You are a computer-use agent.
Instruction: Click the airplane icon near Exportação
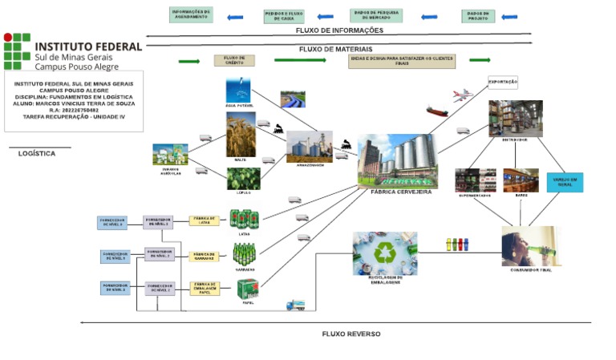tap(464, 95)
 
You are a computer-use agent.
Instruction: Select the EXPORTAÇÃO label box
tap(503, 82)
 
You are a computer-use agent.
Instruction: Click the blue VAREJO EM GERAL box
tap(565, 182)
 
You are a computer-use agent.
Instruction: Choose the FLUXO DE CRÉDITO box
tap(234, 60)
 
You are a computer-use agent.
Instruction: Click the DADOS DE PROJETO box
tap(478, 16)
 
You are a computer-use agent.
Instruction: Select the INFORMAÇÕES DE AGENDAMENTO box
tap(192, 15)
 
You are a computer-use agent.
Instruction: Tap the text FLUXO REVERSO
tap(351, 334)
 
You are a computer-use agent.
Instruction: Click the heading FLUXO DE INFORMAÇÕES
tap(339, 30)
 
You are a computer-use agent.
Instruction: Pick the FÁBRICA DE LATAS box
tap(205, 220)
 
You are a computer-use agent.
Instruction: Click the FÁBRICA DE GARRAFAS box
tap(205, 256)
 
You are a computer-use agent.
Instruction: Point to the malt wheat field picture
tap(241, 135)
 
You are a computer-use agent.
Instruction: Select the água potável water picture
tap(238, 90)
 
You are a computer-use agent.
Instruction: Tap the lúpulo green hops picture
tap(242, 178)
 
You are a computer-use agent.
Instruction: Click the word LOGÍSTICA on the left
tap(37, 153)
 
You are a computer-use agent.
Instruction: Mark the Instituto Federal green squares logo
tap(17, 51)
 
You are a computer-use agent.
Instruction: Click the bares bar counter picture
tap(521, 180)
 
